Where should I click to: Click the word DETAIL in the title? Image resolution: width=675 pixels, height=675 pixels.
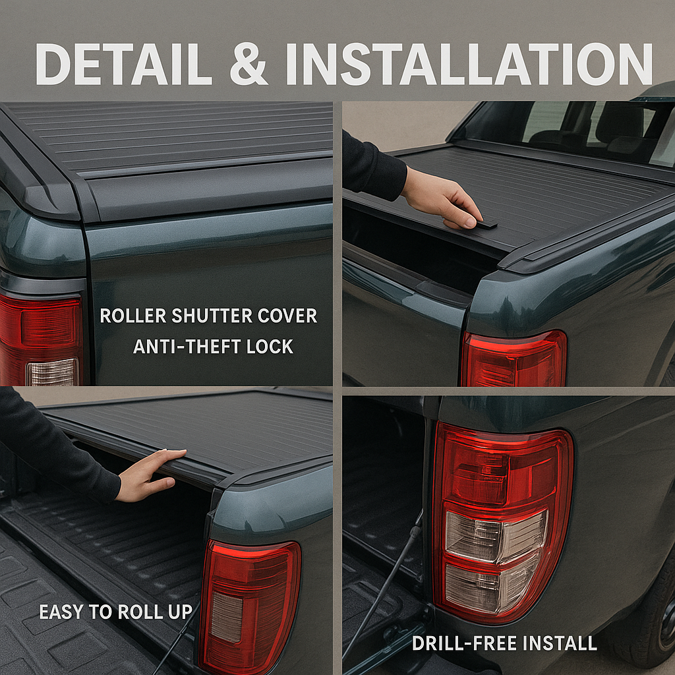[x=123, y=64]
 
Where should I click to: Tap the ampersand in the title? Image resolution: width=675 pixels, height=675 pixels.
[x=249, y=64]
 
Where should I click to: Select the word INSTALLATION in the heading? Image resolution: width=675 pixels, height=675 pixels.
[x=469, y=64]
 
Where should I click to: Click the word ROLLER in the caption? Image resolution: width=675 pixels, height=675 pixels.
[x=133, y=316]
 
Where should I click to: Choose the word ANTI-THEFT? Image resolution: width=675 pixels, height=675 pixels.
[x=187, y=347]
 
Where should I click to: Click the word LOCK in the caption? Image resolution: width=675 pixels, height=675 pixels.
[x=270, y=347]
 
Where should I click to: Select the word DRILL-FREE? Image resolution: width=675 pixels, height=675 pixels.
[x=464, y=643]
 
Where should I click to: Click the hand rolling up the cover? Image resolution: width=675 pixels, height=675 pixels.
[x=148, y=476]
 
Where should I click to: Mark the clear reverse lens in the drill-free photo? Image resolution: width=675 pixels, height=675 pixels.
[x=495, y=559]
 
